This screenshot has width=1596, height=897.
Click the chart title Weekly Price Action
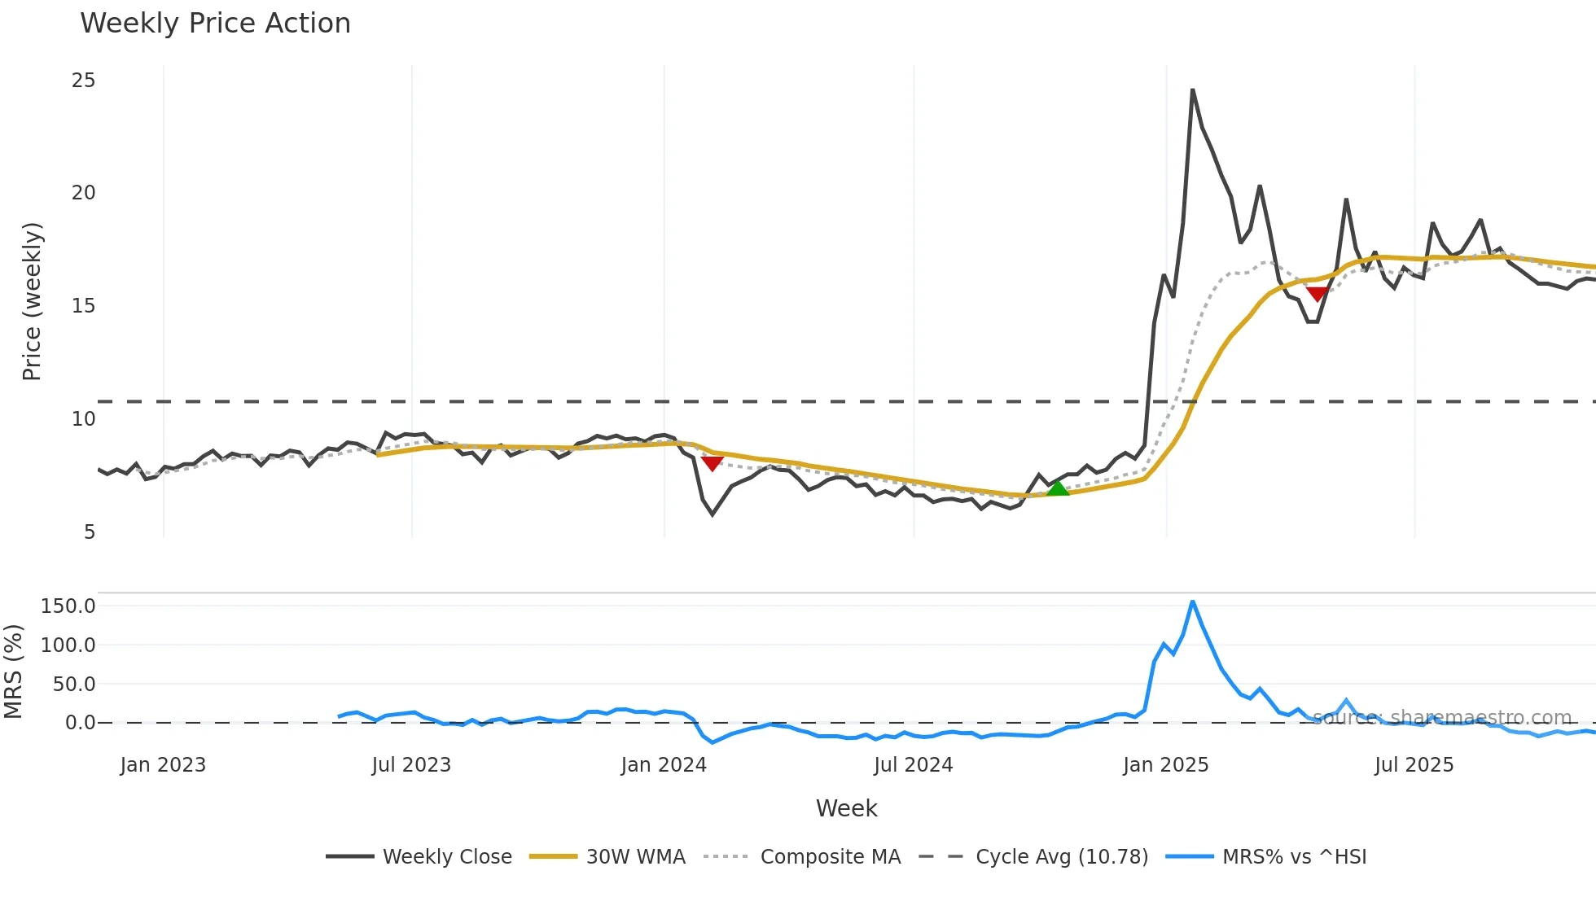(215, 24)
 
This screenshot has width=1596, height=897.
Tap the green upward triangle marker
(1057, 488)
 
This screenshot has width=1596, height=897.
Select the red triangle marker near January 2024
(712, 463)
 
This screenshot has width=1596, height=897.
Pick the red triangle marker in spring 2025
(1317, 294)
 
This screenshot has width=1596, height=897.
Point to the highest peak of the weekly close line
(1192, 90)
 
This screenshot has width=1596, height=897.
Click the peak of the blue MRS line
(1192, 602)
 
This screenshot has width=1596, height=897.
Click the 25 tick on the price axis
(83, 81)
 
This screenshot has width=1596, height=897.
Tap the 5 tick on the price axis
(90, 532)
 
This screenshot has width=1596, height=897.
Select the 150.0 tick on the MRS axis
(68, 606)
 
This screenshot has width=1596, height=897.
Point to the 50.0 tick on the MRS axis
(74, 685)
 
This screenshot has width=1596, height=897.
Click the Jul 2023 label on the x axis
(411, 765)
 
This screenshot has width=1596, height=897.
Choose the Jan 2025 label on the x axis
(1165, 765)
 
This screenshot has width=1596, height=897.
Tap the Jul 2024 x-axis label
(913, 765)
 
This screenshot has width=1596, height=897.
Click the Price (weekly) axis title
(32, 301)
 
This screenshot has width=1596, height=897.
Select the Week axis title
(846, 808)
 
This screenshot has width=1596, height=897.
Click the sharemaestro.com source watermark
(1442, 718)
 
